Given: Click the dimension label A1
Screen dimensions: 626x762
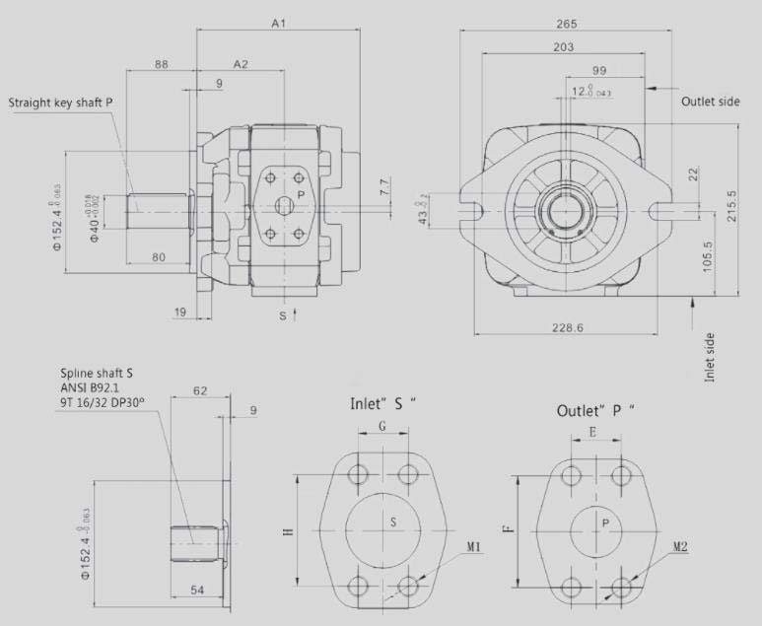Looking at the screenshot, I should (x=278, y=23).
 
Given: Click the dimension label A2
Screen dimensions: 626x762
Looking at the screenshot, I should (x=240, y=64).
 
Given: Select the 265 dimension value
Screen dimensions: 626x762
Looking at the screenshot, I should (x=565, y=24).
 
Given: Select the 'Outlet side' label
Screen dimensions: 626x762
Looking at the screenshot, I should (x=710, y=101).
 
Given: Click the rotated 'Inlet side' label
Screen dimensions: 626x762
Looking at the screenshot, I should (x=709, y=357).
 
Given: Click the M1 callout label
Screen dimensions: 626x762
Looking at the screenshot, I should (x=473, y=548).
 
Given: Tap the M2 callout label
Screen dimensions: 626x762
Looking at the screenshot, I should (x=681, y=546).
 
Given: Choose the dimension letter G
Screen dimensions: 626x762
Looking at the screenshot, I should (x=381, y=427).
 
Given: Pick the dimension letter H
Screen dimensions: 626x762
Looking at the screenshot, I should (x=288, y=531).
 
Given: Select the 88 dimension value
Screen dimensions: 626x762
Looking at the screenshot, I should (x=161, y=64).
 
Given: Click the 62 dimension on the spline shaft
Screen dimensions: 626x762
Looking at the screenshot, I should (x=200, y=391).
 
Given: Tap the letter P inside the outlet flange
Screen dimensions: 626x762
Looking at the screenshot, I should (x=605, y=522).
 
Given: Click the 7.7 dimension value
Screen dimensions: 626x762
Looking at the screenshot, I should (x=385, y=183).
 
